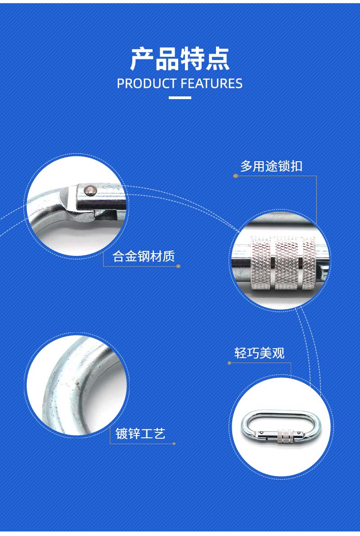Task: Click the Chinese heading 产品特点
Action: point(180,59)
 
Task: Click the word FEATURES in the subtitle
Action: point(211,84)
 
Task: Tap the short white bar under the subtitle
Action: point(180,98)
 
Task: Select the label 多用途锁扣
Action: point(271,166)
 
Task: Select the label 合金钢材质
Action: point(144,256)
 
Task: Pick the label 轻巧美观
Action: point(260,353)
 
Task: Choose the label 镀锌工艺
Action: point(140,433)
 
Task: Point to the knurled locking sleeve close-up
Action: point(283,263)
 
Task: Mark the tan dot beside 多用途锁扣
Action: point(235,176)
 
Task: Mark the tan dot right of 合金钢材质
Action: point(178,266)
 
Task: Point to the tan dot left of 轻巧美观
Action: point(229,363)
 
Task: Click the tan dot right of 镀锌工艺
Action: point(174,444)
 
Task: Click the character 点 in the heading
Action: point(218,59)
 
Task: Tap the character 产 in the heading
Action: point(142,59)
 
